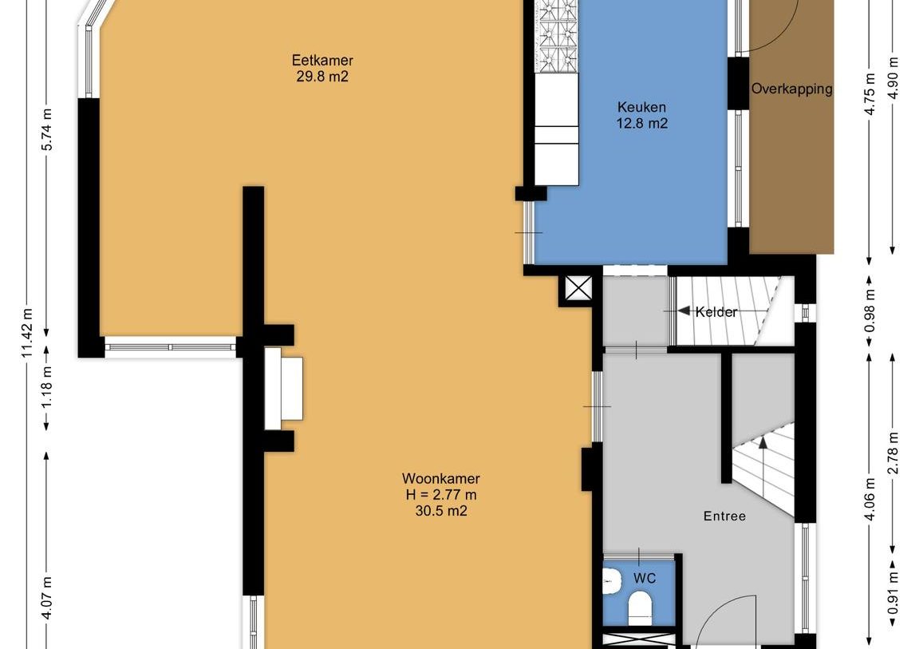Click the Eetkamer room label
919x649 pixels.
click(x=322, y=61)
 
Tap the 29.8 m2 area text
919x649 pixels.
click(x=322, y=77)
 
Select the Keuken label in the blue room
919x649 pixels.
click(x=641, y=107)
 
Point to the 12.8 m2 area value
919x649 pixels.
click(x=641, y=124)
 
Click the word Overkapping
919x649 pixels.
click(x=792, y=89)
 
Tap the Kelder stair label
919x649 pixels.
click(x=716, y=312)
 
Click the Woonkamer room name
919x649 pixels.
click(x=440, y=478)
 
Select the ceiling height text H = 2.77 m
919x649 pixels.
click(x=440, y=495)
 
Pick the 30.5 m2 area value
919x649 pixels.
click(x=440, y=511)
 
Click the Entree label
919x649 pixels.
click(x=724, y=516)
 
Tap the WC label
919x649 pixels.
click(x=645, y=579)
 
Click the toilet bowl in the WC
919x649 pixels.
click(x=640, y=607)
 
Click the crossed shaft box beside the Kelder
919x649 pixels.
click(x=578, y=288)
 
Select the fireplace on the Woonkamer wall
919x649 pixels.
click(x=284, y=388)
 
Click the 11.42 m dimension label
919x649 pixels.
click(x=28, y=334)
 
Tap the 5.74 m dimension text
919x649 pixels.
click(x=48, y=129)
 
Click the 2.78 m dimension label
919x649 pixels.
click(x=893, y=453)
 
